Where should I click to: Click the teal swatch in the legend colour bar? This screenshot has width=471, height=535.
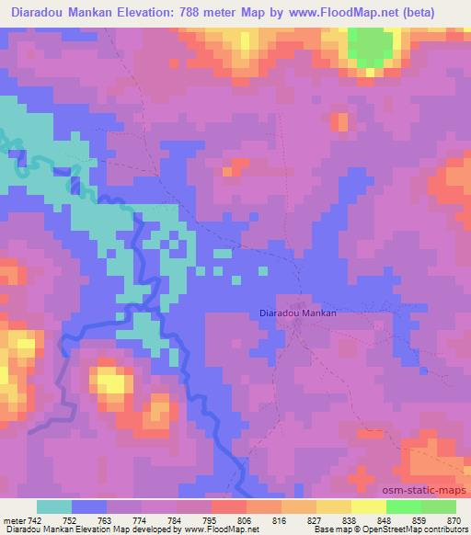(x=54, y=507)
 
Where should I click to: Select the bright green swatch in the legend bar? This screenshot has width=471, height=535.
(x=403, y=507)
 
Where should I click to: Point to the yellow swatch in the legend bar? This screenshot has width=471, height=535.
(x=368, y=507)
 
